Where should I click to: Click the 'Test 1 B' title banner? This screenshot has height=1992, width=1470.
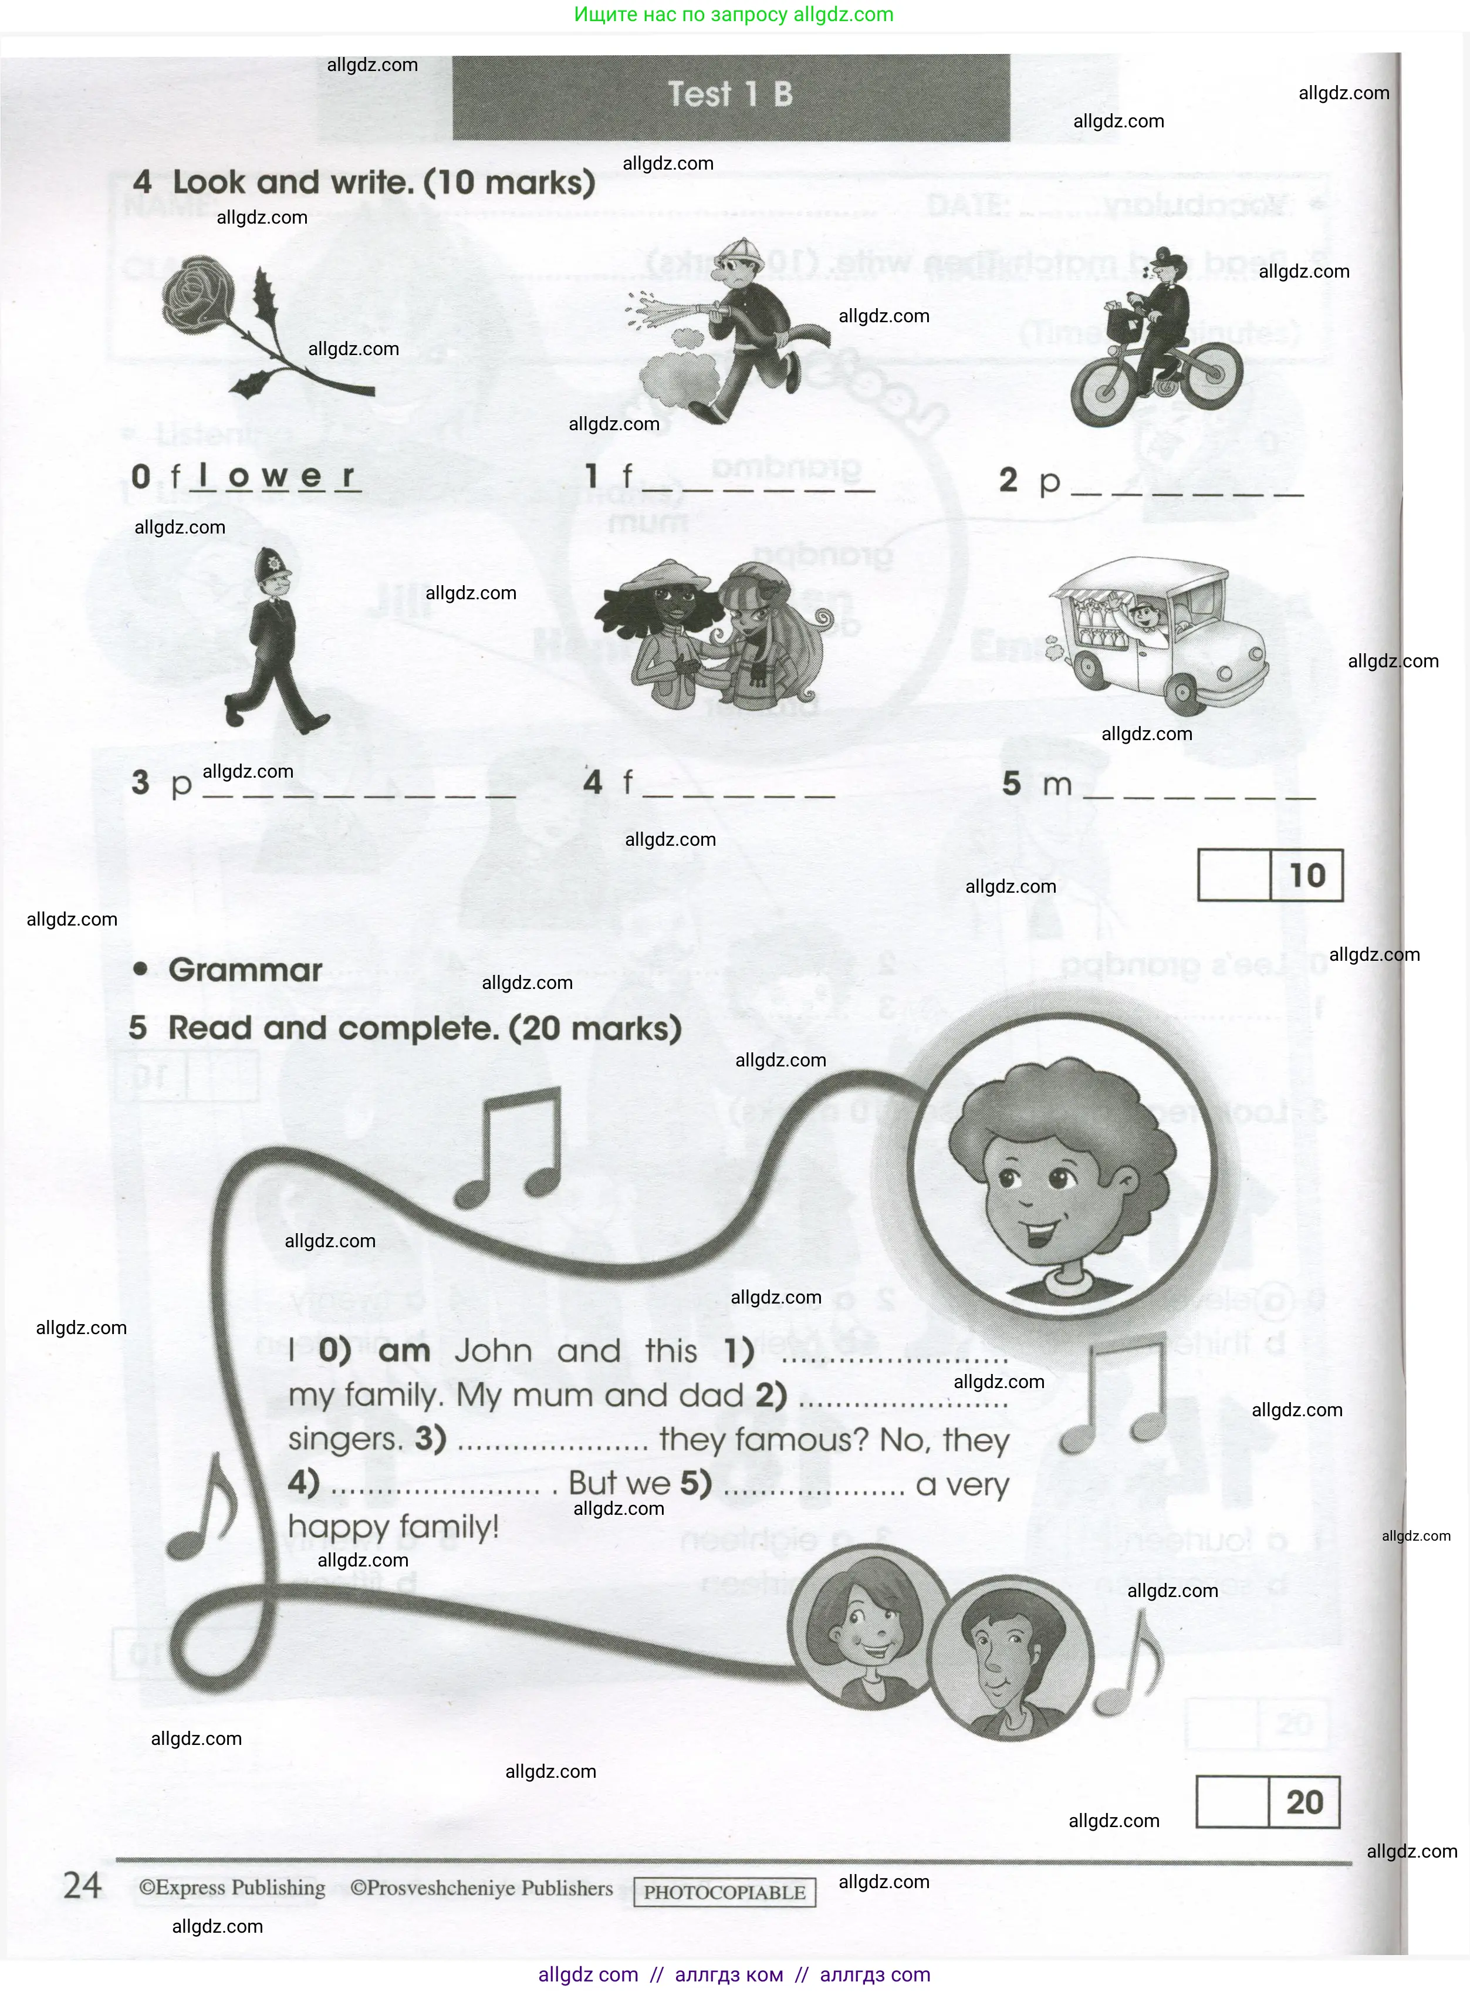coord(731,95)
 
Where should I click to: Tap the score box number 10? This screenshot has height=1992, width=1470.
coord(1306,876)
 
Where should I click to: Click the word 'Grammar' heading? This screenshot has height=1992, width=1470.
coord(245,970)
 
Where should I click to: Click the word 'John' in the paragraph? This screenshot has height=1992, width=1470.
coord(493,1350)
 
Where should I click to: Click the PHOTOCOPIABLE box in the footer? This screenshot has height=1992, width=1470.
coord(724,1892)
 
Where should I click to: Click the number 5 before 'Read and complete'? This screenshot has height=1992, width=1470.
coord(137,1028)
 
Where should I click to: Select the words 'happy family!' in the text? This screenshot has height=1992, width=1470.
coord(393,1527)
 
